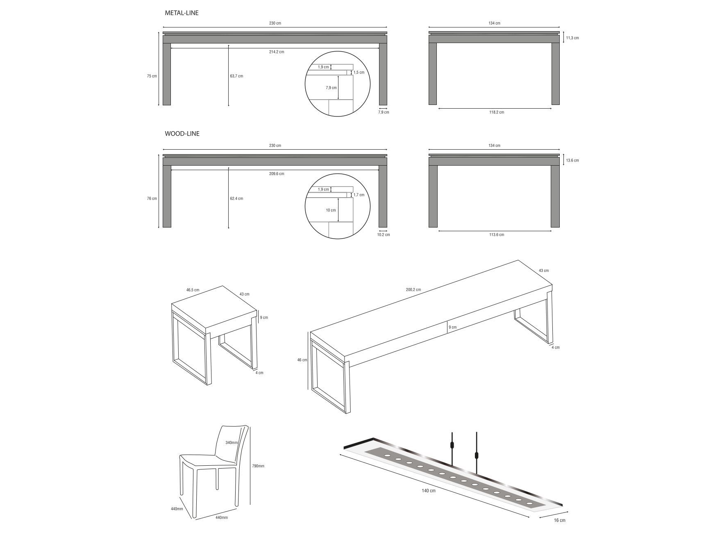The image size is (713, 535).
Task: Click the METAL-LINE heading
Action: [x=182, y=13]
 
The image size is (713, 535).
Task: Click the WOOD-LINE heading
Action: [x=182, y=134]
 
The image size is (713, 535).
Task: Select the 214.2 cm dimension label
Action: [x=277, y=52]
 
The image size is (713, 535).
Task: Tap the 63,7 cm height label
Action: [x=236, y=76]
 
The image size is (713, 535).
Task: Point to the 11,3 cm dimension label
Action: [x=572, y=38]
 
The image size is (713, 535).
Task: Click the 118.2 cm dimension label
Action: [x=497, y=112]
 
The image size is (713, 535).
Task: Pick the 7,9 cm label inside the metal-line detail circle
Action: [x=331, y=88]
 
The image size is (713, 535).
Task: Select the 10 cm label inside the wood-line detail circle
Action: [x=331, y=210]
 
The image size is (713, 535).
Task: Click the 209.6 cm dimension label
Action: [x=277, y=174]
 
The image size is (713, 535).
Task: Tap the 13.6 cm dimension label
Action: [x=572, y=160]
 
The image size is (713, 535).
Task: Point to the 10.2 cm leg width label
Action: [x=384, y=235]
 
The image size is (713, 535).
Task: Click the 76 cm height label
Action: [x=152, y=199]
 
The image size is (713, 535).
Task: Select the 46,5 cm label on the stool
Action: [x=193, y=290]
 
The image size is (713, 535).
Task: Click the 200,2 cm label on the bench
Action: [x=413, y=290]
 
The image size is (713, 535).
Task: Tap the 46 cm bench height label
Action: [x=302, y=360]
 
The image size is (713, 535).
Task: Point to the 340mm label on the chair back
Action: [x=231, y=443]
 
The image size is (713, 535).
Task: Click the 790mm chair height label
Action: [x=258, y=466]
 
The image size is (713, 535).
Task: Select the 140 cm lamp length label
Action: [x=429, y=491]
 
